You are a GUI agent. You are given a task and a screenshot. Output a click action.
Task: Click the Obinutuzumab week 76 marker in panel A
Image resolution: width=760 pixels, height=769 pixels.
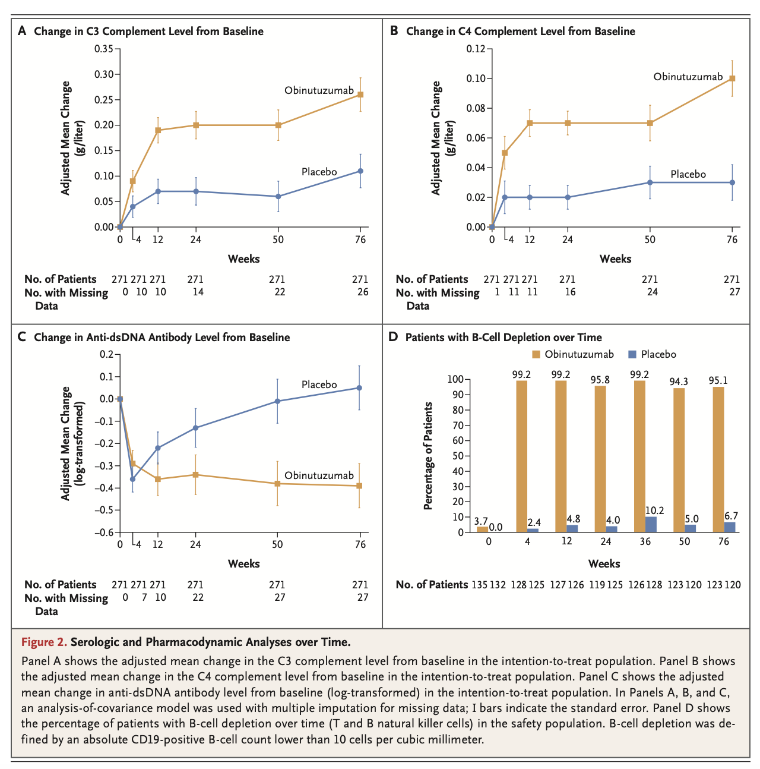click(x=360, y=94)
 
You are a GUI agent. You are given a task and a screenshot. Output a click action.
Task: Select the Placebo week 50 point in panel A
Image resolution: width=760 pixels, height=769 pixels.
click(x=278, y=196)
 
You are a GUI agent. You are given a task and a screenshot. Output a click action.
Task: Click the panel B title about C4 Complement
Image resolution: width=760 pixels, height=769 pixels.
click(x=520, y=31)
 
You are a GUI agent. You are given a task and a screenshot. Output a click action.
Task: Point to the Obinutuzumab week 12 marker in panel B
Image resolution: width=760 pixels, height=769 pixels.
click(x=530, y=123)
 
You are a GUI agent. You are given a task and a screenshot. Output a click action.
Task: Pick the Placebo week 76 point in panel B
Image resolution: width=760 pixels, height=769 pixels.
click(x=732, y=182)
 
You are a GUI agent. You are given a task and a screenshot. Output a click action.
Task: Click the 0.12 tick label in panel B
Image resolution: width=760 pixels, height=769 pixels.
click(x=475, y=49)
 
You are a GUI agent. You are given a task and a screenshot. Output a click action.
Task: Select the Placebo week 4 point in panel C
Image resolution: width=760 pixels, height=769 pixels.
click(x=132, y=479)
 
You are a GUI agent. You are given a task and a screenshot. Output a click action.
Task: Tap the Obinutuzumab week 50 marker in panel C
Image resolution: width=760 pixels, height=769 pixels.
click(x=278, y=484)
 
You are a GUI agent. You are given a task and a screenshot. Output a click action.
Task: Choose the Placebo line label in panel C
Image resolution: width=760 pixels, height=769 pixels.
click(x=319, y=384)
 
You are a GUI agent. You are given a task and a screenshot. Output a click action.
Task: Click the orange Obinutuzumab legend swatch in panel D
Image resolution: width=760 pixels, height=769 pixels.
click(x=536, y=354)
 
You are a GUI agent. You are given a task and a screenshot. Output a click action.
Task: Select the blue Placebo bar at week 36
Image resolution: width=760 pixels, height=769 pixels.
click(x=651, y=525)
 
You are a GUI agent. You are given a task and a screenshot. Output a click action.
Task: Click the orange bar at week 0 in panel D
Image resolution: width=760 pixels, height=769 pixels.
click(x=482, y=530)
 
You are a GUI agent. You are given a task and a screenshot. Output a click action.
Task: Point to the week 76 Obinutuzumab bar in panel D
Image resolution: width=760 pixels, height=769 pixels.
click(x=718, y=459)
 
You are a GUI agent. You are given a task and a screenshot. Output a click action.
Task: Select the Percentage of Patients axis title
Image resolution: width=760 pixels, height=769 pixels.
click(x=427, y=456)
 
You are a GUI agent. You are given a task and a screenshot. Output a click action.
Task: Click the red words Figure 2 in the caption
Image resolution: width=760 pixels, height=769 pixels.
click(x=44, y=642)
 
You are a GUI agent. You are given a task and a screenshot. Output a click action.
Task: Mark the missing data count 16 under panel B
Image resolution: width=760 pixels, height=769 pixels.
click(x=569, y=292)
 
